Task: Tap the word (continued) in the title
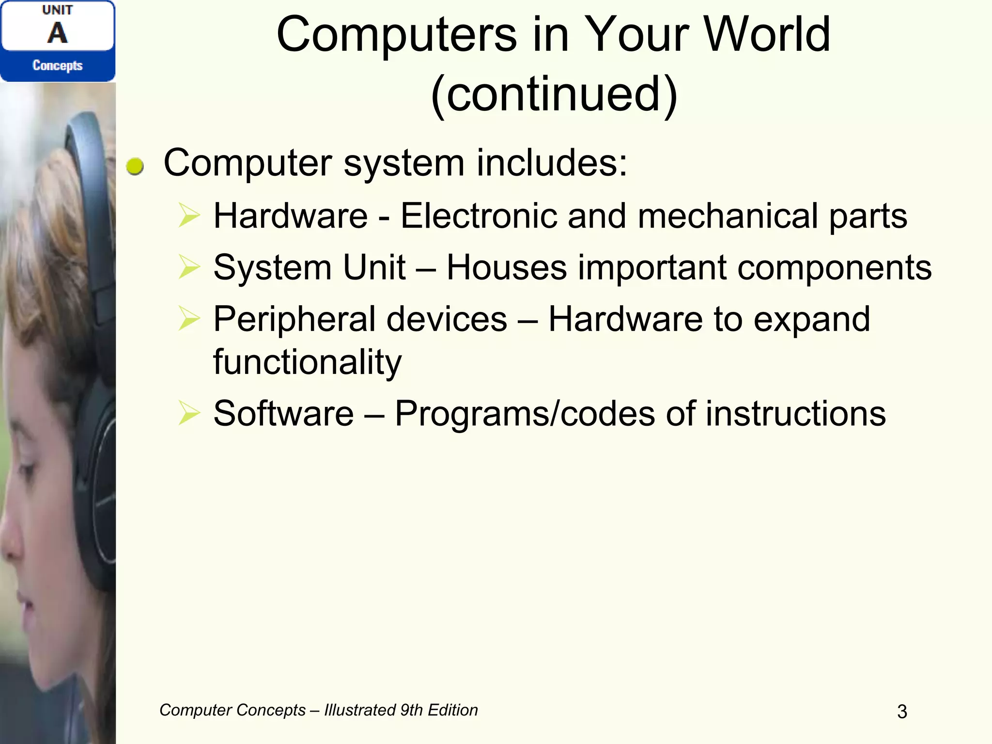click(x=554, y=94)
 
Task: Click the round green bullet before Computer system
click(x=135, y=167)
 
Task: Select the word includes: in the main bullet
click(x=552, y=163)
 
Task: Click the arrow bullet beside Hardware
click(x=189, y=216)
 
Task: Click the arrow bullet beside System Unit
click(x=189, y=267)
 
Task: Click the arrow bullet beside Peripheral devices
click(x=189, y=319)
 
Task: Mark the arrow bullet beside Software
click(x=189, y=414)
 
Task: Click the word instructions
click(x=795, y=414)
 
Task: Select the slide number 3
click(x=902, y=712)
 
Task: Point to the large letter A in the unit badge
click(x=58, y=33)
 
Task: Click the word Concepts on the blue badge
click(x=58, y=65)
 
